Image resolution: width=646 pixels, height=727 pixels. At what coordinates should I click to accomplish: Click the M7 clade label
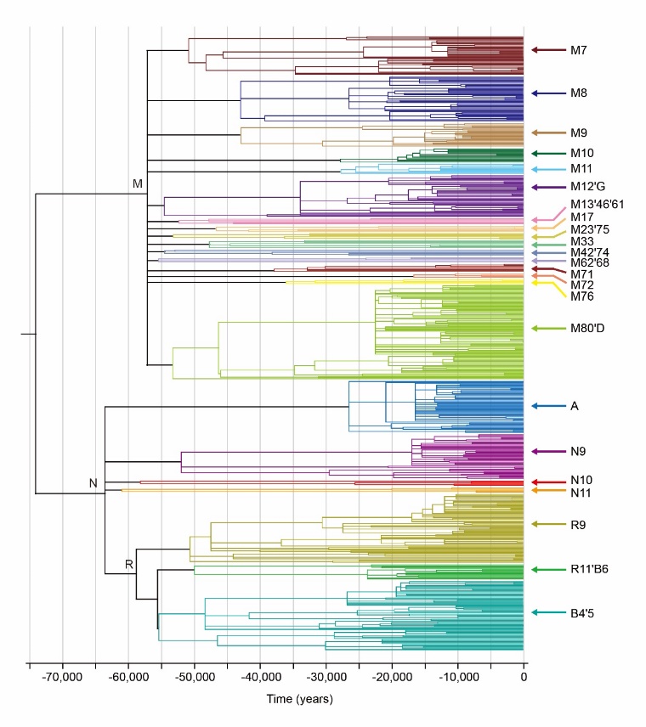click(580, 50)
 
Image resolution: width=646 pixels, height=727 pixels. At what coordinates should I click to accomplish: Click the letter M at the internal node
click(138, 183)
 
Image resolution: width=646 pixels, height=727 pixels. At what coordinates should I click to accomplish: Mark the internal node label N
click(93, 483)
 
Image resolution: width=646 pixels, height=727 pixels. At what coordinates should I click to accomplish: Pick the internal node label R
click(128, 564)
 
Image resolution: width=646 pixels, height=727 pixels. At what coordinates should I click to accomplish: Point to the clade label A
click(575, 407)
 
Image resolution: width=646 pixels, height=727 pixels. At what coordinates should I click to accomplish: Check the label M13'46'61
click(598, 203)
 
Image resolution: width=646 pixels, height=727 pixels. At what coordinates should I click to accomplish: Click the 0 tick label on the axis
click(523, 679)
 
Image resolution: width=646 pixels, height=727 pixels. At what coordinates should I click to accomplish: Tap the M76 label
click(582, 296)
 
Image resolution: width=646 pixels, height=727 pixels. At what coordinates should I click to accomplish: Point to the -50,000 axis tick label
click(193, 679)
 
